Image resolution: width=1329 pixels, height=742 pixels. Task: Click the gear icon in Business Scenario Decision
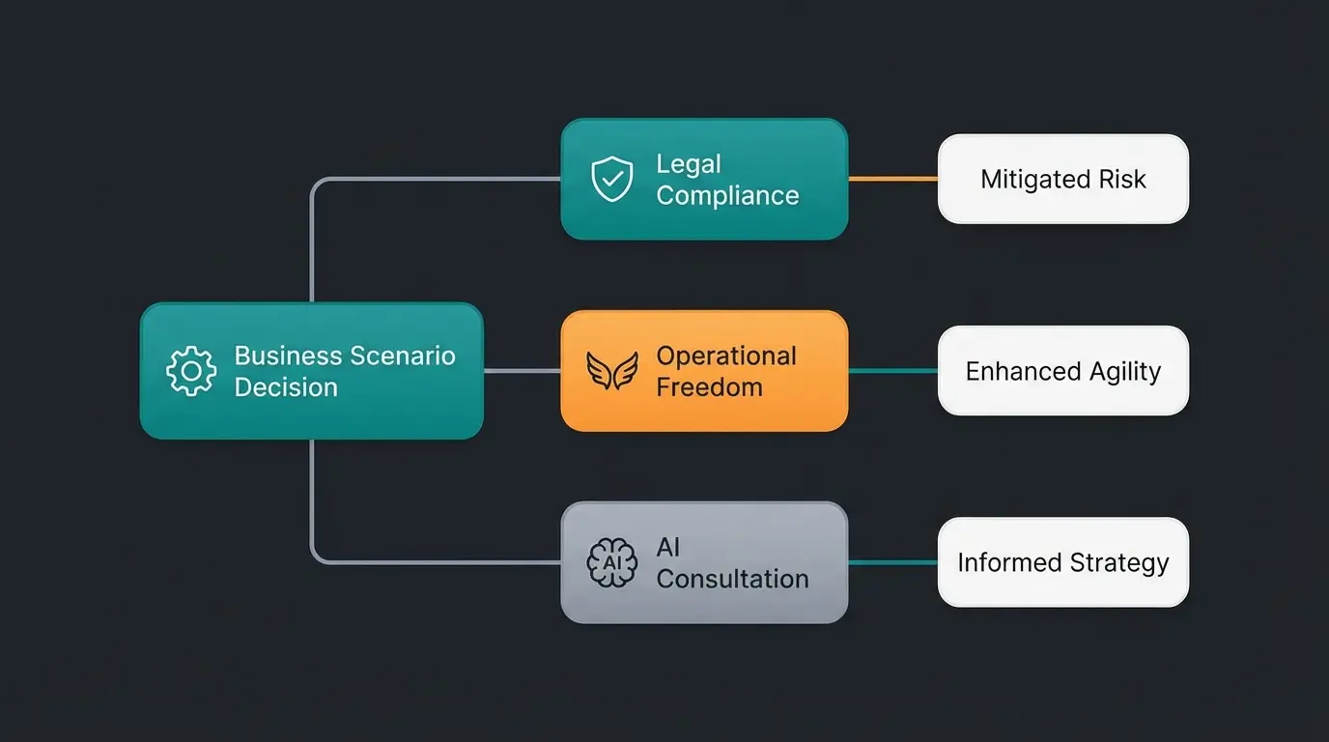[191, 371]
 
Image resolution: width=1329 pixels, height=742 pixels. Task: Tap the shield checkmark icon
[612, 180]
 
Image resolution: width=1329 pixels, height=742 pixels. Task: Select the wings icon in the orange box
[612, 371]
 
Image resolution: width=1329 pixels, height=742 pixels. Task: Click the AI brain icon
[612, 562]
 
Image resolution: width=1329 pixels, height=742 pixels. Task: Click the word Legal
[689, 164]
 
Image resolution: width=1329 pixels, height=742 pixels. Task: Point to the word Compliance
[727, 195]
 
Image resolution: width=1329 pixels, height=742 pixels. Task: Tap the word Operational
[726, 356]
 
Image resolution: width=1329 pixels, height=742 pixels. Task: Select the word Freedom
[709, 387]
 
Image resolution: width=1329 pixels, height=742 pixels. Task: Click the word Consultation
[732, 579]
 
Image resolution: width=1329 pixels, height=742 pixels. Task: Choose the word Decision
[286, 387]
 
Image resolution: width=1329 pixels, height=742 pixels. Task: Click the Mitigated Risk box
[1062, 179]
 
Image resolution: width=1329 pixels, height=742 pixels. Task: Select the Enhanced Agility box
[1062, 371]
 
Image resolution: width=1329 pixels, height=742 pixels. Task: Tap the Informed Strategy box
[1062, 562]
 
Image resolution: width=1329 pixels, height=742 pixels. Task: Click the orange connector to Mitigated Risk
[892, 179]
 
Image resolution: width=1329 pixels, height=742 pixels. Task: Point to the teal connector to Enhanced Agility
[892, 371]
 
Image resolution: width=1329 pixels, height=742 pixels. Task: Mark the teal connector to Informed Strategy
[892, 562]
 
